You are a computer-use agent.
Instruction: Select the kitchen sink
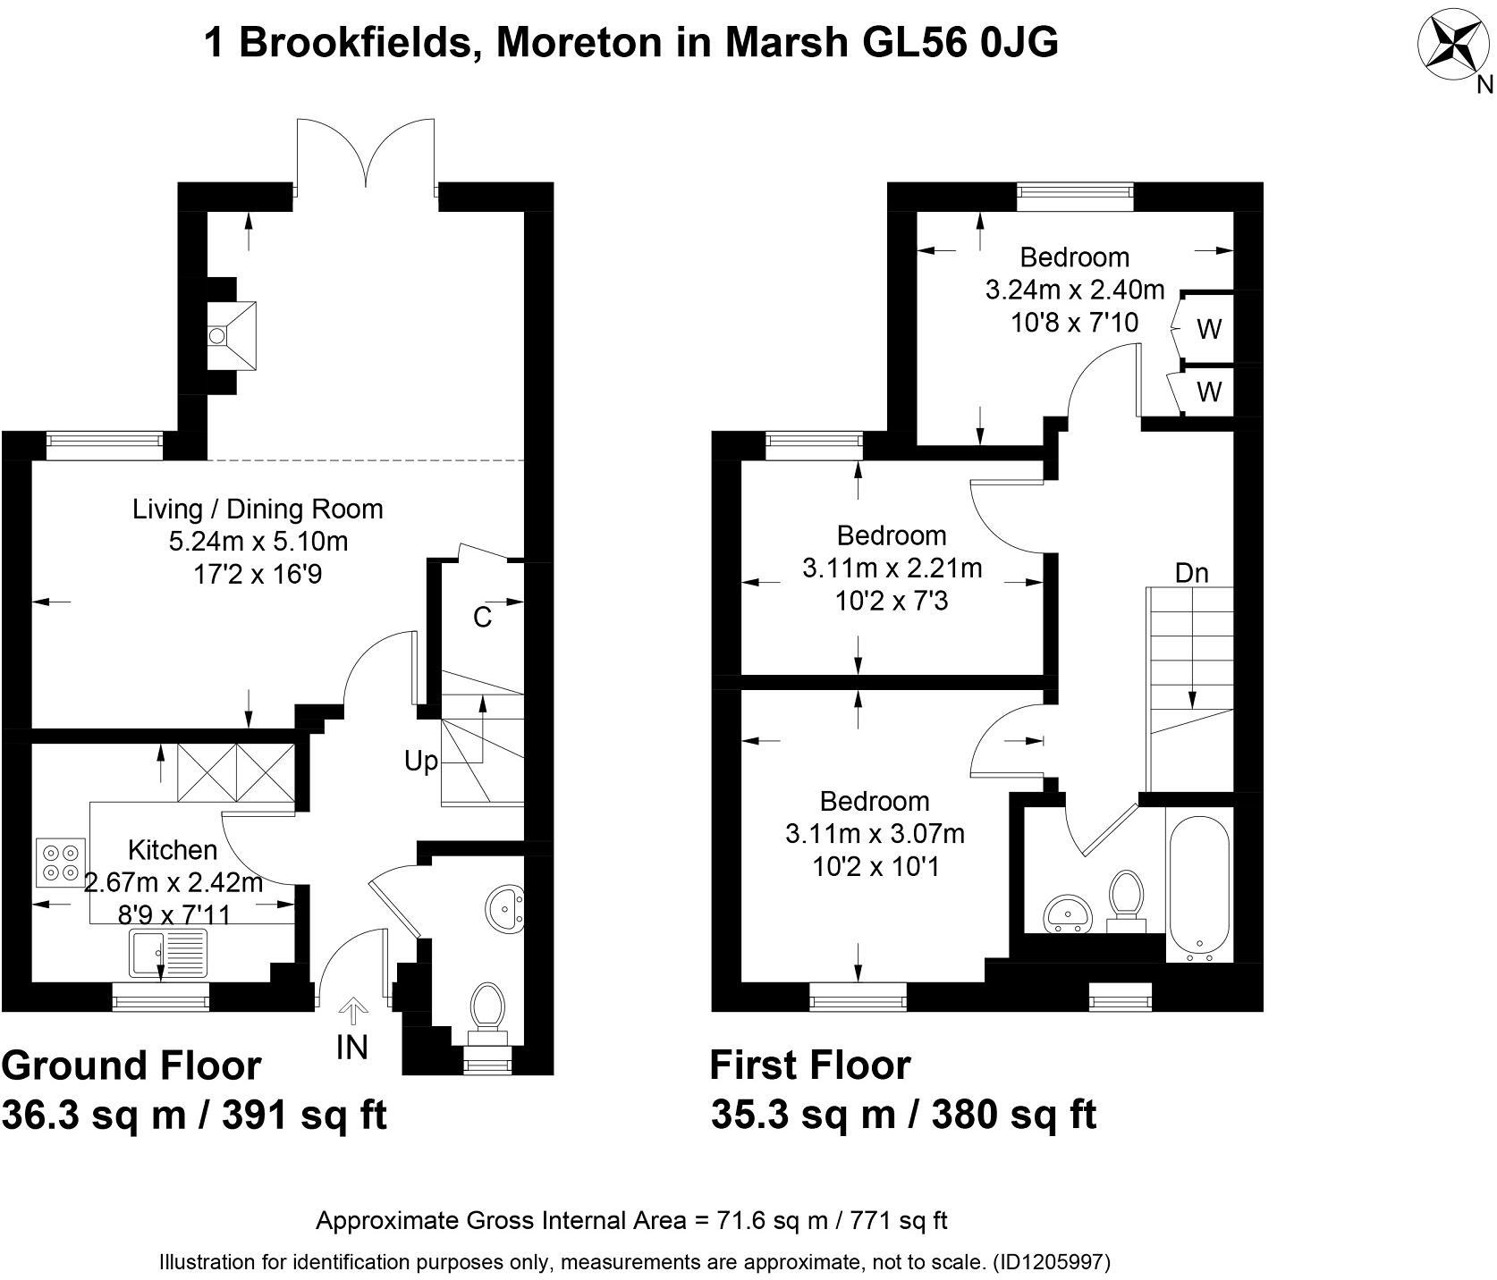tap(168, 953)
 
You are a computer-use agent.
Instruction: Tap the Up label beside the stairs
tap(421, 762)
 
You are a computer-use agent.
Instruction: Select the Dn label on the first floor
tap(1191, 573)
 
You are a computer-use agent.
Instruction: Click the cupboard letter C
tap(482, 617)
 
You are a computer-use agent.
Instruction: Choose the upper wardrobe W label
tap(1209, 330)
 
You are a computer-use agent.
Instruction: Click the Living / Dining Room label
tap(258, 509)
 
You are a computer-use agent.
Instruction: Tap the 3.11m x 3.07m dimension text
tap(875, 834)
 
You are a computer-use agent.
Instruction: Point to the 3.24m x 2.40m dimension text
tap(1075, 290)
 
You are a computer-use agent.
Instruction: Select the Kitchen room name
tap(173, 849)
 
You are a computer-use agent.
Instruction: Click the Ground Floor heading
tap(131, 1065)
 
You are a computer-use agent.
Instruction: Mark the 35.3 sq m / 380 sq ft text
tap(903, 1116)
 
